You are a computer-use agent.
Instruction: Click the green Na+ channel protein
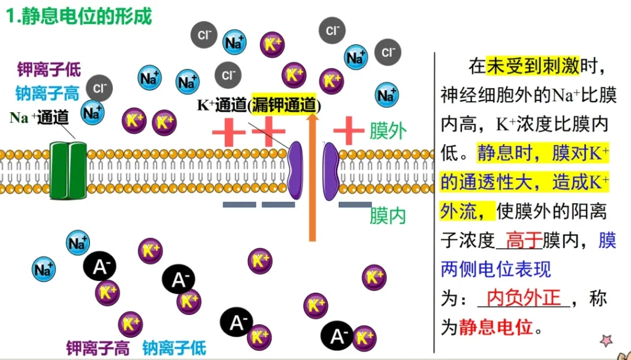point(68,171)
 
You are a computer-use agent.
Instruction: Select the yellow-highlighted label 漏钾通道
point(285,105)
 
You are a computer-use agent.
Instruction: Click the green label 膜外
point(388,131)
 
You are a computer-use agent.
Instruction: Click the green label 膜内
point(388,216)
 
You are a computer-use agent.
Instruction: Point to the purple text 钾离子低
point(49,69)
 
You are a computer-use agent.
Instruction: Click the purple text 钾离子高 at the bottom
point(98,348)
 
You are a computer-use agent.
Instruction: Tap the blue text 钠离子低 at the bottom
point(174,348)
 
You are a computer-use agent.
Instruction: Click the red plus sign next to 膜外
point(349,131)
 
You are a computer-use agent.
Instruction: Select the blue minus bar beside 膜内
point(355,205)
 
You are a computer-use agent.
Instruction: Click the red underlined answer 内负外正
point(524,298)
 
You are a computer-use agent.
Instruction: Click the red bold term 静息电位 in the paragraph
point(495,327)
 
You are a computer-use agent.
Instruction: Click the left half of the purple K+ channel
point(295,171)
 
